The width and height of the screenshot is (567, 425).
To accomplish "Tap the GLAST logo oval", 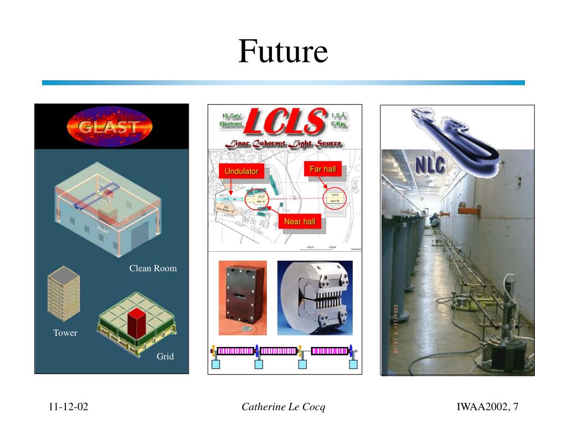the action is (110, 127).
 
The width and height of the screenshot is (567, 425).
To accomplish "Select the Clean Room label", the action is (153, 268).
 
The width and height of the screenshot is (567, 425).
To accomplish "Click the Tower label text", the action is (65, 333).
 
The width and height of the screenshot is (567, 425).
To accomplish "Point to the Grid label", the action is (165, 356).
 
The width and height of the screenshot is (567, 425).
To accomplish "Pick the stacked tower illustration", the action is (64, 294).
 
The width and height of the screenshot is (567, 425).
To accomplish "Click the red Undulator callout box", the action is (241, 171).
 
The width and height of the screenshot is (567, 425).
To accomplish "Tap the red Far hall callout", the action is (323, 169).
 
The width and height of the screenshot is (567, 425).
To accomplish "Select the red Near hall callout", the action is (300, 222).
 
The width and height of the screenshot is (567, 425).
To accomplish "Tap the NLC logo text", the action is (431, 164).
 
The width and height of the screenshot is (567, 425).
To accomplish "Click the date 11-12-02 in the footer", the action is (68, 407).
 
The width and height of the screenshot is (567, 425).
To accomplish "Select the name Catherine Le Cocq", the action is (283, 407).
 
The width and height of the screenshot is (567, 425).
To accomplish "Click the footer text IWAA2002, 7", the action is (487, 407).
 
